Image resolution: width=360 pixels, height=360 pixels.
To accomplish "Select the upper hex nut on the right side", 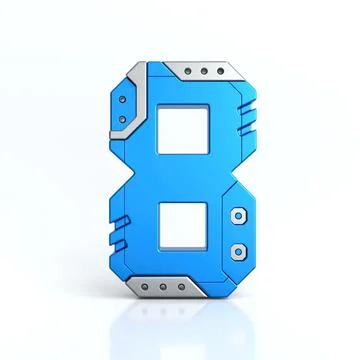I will tap(237, 214).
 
